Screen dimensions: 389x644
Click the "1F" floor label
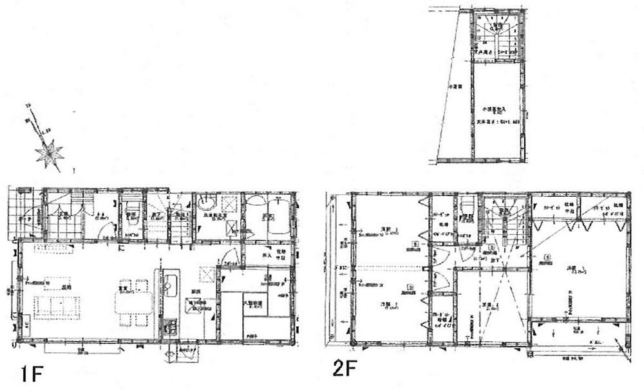[x=31, y=374]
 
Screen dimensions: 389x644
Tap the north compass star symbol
[x=50, y=154]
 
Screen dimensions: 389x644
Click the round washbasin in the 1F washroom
[x=208, y=206]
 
